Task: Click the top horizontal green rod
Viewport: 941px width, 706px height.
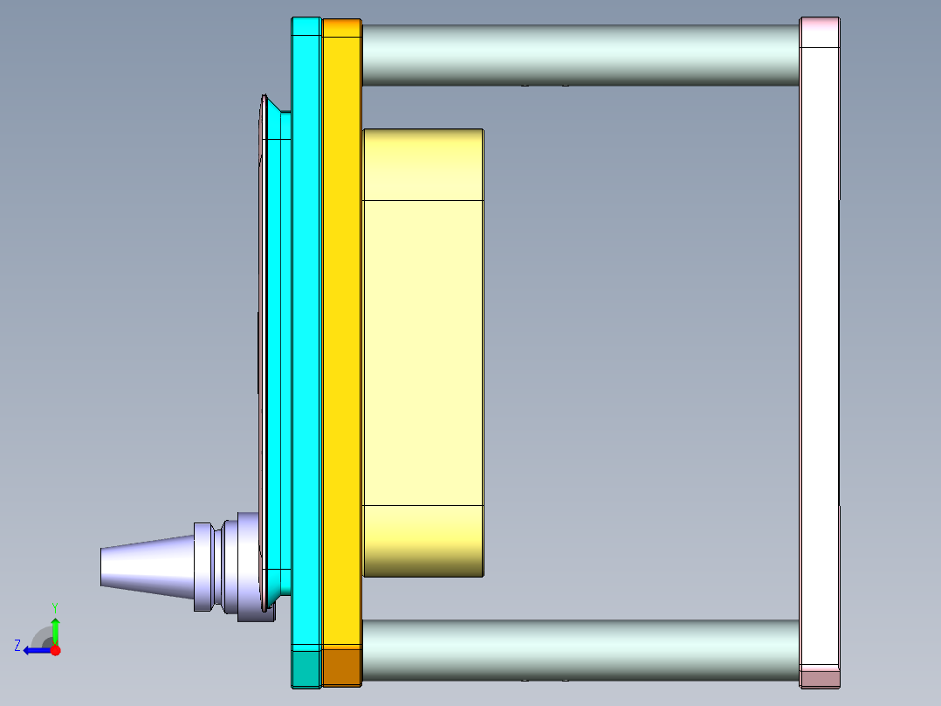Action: tap(580, 54)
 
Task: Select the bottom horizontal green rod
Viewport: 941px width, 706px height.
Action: tap(580, 650)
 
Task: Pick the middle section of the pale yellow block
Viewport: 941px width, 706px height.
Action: tap(422, 352)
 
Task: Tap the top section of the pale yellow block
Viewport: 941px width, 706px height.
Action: tap(422, 164)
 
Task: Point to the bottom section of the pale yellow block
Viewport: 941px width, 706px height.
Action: tap(422, 540)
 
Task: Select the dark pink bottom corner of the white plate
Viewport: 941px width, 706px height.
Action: tap(820, 677)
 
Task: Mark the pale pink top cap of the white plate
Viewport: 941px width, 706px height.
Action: tap(820, 31)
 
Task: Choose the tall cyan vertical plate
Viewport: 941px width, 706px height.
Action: tap(306, 350)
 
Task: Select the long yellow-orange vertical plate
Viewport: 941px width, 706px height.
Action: tap(341, 350)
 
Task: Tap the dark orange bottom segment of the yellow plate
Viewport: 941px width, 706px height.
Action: tap(341, 667)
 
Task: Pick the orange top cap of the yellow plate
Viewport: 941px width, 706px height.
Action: tap(341, 28)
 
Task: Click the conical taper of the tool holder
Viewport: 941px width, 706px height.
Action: tap(145, 565)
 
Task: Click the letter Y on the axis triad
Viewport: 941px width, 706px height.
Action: tap(54, 606)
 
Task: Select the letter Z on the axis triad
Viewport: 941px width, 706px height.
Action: tap(17, 646)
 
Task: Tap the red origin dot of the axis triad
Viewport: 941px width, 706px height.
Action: tap(55, 650)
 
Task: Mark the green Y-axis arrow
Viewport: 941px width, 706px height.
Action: tap(55, 631)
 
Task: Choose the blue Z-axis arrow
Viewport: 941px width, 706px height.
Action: tap(36, 650)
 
